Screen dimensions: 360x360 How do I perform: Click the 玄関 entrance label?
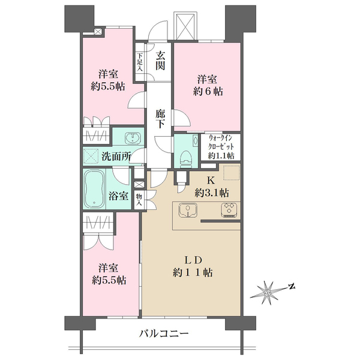click(x=160, y=61)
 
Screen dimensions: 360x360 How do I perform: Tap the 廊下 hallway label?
click(x=160, y=118)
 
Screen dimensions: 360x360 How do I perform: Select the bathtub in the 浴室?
click(x=94, y=189)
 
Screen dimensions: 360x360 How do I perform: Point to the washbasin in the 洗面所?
click(x=133, y=139)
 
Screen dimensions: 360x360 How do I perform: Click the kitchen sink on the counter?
click(x=188, y=210)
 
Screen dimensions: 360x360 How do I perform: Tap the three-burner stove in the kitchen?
click(x=230, y=210)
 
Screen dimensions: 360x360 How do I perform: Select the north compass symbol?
click(x=271, y=293)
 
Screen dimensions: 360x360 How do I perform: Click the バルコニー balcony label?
click(x=164, y=333)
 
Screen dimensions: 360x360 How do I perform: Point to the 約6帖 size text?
click(x=208, y=92)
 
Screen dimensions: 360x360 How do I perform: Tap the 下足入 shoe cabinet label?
click(x=140, y=62)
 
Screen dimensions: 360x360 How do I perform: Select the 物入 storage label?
click(x=139, y=200)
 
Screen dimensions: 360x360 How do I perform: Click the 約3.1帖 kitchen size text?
click(x=211, y=193)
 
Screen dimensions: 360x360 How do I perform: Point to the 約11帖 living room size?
click(x=193, y=273)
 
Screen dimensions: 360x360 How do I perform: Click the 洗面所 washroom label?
click(x=116, y=157)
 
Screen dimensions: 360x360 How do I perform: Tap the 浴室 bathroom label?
click(x=118, y=196)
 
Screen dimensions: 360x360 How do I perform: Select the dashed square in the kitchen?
click(x=232, y=172)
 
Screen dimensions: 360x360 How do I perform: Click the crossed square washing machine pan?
click(x=91, y=156)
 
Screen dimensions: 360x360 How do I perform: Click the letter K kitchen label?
click(x=211, y=181)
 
